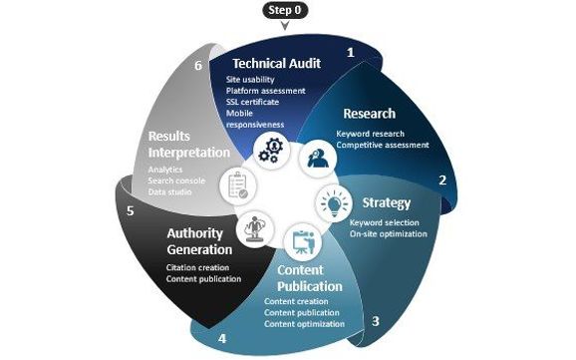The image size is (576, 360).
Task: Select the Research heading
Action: (x=368, y=114)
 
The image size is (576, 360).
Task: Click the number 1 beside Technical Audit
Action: (x=349, y=51)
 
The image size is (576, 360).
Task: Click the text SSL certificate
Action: (x=252, y=102)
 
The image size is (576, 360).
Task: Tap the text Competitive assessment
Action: (x=382, y=145)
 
